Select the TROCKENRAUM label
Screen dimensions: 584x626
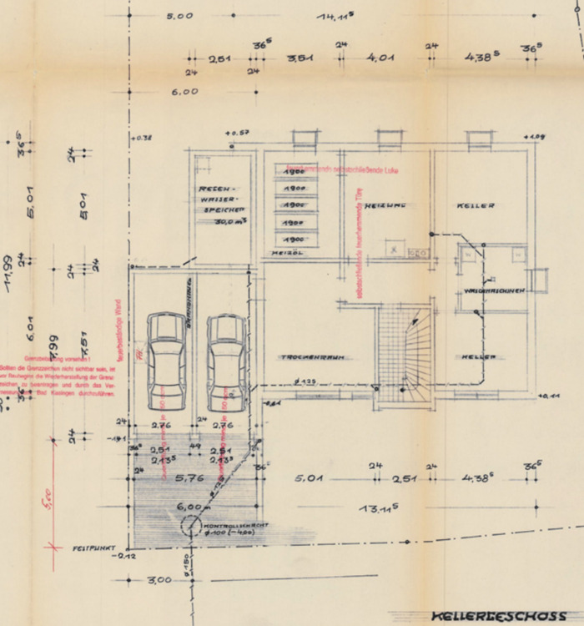point(313,356)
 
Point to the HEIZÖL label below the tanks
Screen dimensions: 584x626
point(286,252)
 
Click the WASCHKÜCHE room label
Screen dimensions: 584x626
point(494,291)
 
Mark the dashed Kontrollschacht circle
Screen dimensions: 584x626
point(190,526)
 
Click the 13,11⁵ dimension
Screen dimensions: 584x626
point(378,507)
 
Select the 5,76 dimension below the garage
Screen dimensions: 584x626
point(191,478)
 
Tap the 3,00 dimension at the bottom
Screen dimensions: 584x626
point(159,579)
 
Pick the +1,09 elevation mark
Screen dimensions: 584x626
point(533,136)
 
